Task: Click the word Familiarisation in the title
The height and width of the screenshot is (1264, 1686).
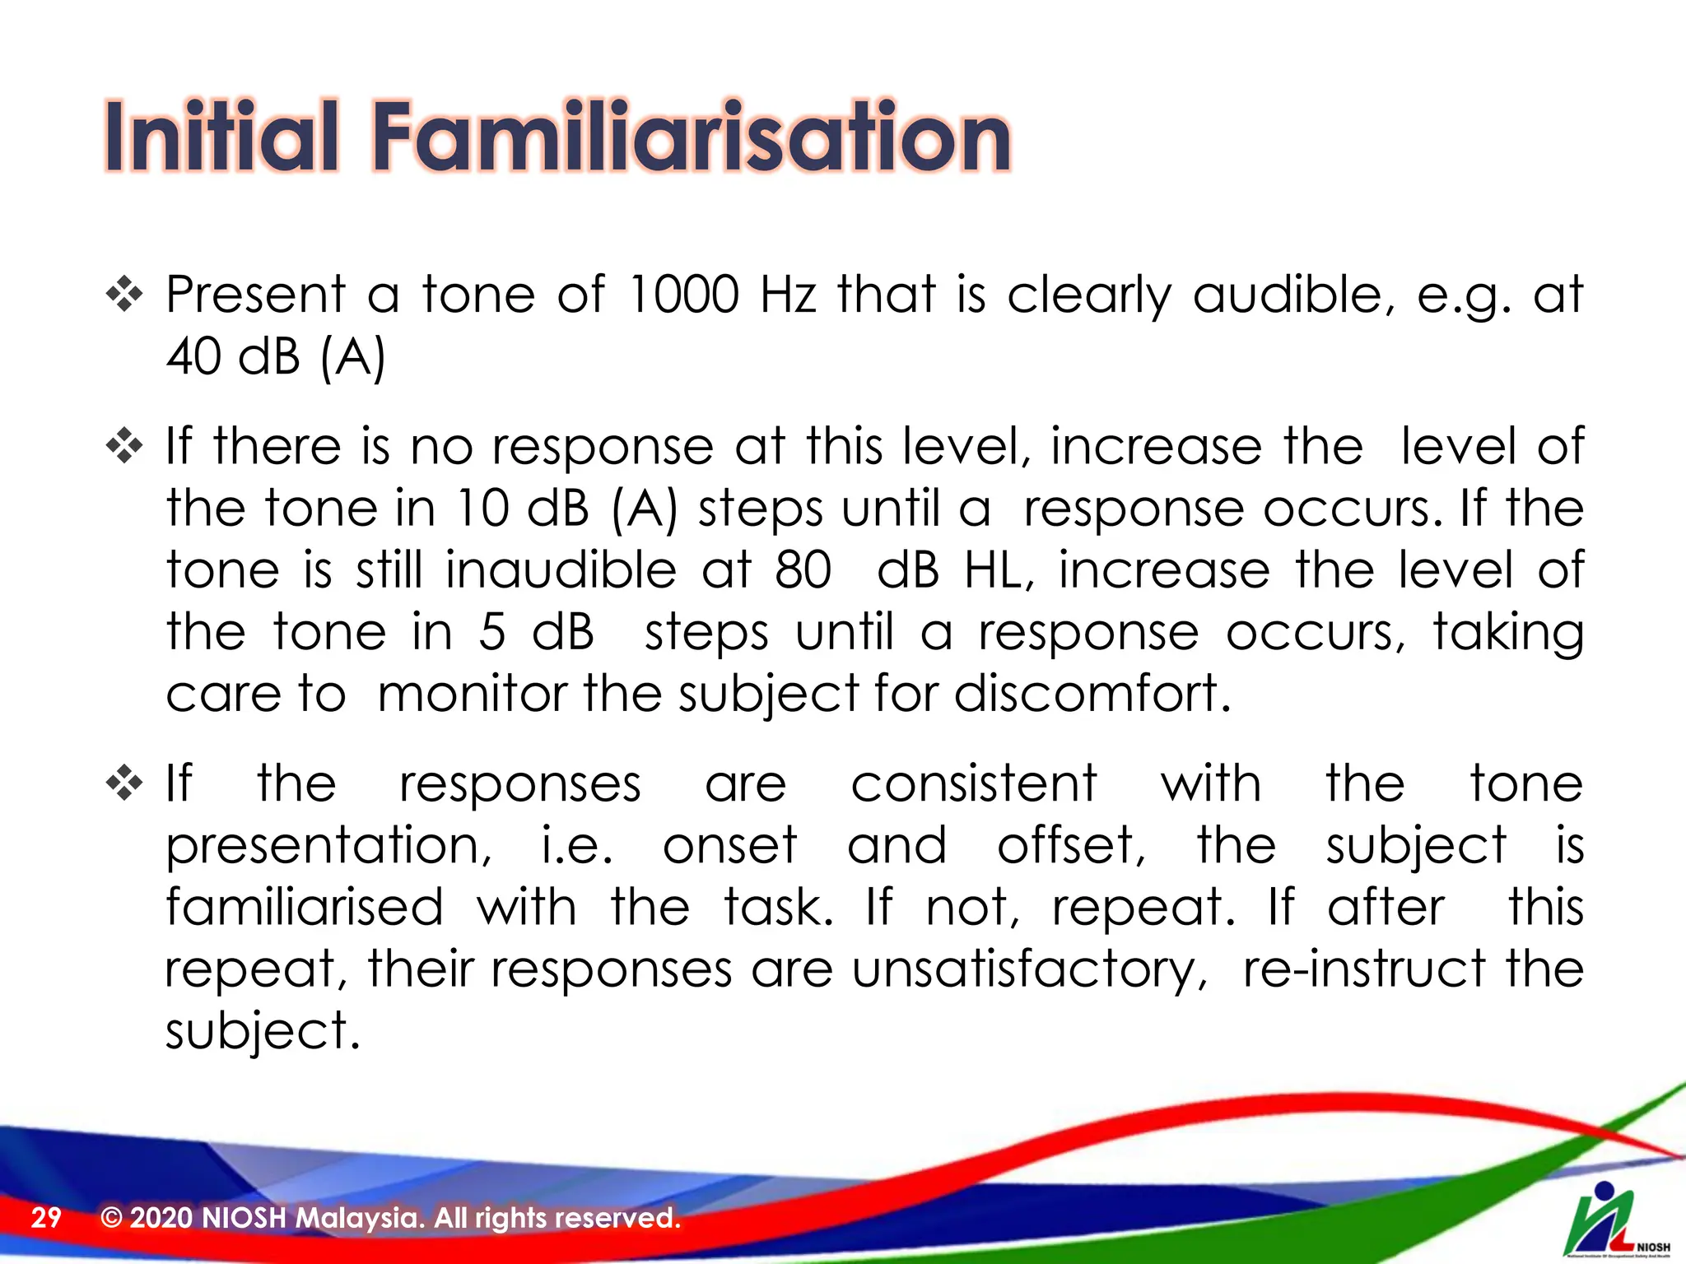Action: point(692,136)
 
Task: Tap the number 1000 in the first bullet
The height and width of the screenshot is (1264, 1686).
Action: point(682,295)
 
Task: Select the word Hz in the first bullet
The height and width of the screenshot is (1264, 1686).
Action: point(788,295)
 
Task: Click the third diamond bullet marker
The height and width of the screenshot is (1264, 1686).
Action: point(124,783)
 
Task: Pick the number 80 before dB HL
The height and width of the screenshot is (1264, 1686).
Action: point(803,570)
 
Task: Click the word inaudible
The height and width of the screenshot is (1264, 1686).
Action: point(561,570)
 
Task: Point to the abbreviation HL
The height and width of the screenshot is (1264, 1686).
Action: point(998,570)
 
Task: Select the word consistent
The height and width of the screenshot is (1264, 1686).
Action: point(973,783)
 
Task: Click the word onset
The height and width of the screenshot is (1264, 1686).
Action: point(730,846)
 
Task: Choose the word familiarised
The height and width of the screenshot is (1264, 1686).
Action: point(305,908)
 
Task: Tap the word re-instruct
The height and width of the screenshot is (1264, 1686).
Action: point(1363,969)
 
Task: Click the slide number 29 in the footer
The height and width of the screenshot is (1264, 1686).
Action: point(46,1217)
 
